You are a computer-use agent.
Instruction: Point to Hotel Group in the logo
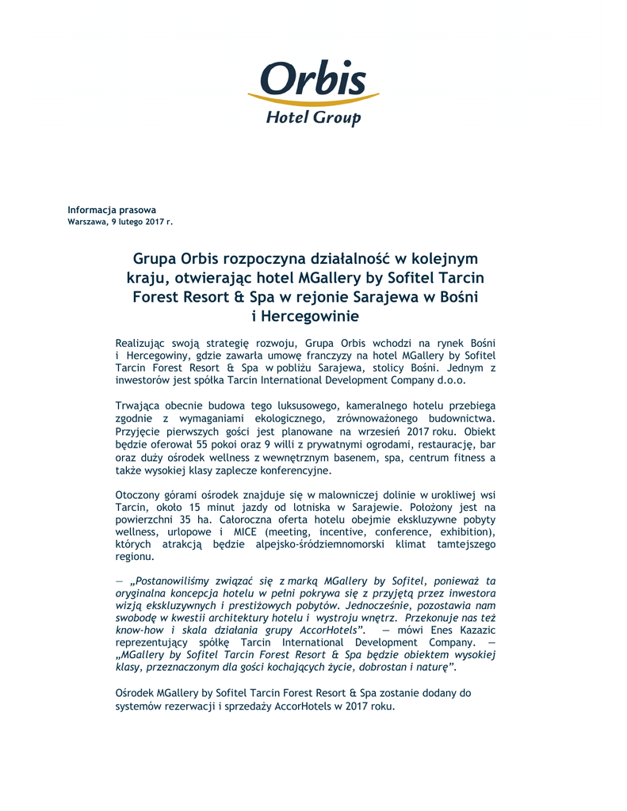coord(312,118)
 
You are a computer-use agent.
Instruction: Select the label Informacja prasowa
coord(112,210)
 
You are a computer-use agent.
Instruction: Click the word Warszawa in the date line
coord(86,222)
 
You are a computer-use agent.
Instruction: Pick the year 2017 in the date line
coord(155,222)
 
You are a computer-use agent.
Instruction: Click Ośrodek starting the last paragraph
coord(134,693)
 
